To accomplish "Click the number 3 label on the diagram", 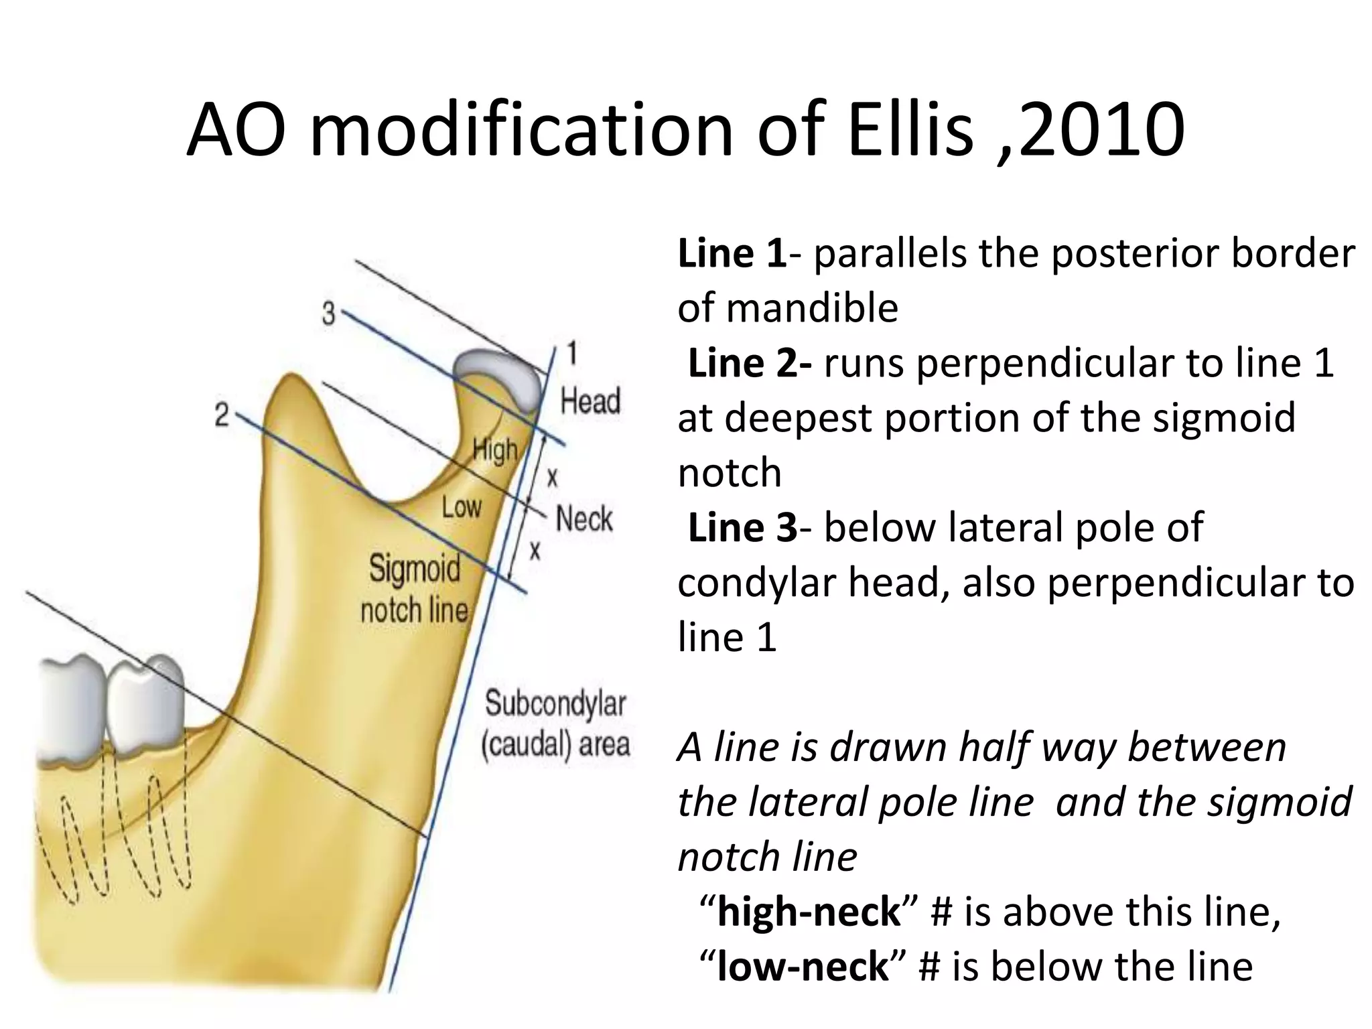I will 328,313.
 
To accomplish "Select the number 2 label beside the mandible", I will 222,415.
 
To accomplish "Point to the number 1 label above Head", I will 571,353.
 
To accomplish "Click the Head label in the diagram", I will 590,401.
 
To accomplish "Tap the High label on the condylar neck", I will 495,451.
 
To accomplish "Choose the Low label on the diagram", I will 461,507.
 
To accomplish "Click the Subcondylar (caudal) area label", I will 555,724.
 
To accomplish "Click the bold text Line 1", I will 732,254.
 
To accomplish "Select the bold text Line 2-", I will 750,364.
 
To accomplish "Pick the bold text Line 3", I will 742,527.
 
